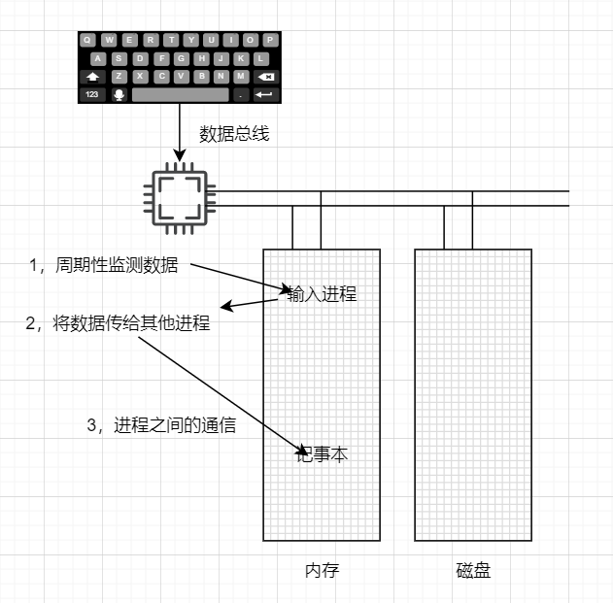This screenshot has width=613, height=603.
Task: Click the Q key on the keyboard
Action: click(88, 40)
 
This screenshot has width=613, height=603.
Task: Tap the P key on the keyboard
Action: click(270, 40)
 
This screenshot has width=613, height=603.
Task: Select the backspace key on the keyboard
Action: click(265, 76)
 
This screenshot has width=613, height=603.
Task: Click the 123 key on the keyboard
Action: click(92, 94)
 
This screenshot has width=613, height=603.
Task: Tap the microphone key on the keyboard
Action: click(119, 94)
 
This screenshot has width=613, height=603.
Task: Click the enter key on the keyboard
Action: click(265, 94)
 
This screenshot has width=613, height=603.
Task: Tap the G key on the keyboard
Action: click(180, 58)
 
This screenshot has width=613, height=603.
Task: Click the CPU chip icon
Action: click(179, 199)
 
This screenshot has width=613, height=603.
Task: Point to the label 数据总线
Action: click(234, 134)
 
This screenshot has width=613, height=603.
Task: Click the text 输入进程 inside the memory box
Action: click(322, 293)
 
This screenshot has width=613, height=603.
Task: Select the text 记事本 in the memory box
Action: click(323, 453)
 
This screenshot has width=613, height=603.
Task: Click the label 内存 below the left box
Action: click(322, 570)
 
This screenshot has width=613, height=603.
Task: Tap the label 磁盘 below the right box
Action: click(473, 570)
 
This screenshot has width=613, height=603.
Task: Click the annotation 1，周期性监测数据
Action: click(104, 264)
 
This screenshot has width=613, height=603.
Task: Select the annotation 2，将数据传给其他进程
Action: click(118, 323)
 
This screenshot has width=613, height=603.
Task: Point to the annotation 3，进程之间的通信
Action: click(162, 424)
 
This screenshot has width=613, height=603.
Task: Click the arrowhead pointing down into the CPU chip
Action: click(179, 154)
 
